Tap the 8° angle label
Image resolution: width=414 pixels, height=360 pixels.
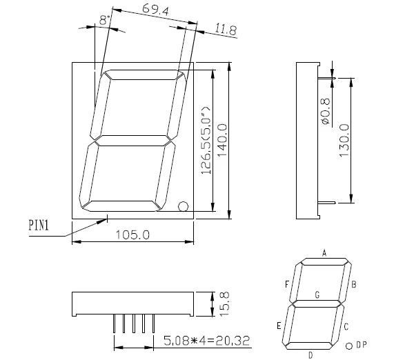[x=104, y=21]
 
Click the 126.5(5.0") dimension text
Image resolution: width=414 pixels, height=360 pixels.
[x=206, y=141]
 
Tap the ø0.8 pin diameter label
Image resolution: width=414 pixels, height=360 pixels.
[x=326, y=111]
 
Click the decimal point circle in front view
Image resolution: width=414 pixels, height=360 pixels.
[x=184, y=206]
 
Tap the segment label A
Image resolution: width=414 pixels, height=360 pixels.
[x=324, y=252]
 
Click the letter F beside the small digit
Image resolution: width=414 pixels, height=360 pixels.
[x=287, y=283]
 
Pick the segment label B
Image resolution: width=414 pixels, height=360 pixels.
[x=354, y=283]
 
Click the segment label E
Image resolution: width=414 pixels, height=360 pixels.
[x=279, y=326]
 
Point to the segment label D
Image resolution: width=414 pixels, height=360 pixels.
[x=310, y=354]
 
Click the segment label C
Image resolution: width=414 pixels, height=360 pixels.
[x=346, y=326]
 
